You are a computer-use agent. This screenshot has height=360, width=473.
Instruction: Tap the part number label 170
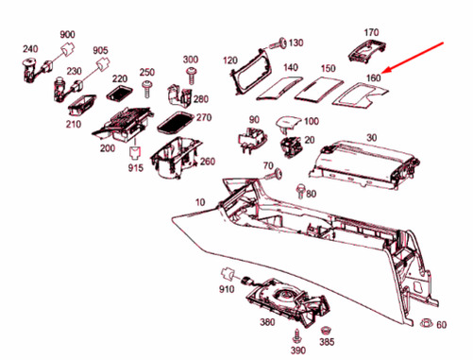[371, 32]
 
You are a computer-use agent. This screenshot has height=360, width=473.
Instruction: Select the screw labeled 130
[278, 43]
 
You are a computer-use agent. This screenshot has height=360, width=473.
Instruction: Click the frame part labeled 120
[251, 72]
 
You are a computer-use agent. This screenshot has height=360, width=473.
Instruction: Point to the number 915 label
[136, 168]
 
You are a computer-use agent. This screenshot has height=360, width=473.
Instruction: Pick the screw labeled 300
[192, 75]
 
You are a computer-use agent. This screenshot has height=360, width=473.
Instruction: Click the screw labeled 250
[146, 89]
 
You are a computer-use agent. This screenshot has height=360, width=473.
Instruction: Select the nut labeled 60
[427, 322]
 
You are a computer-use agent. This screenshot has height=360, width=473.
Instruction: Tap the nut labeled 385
[325, 331]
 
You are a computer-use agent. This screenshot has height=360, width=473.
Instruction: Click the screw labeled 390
[296, 336]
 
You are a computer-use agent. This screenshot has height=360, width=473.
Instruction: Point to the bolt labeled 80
[300, 192]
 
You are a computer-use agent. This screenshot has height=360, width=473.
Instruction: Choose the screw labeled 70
[273, 174]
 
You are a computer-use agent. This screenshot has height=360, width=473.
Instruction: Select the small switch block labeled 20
[291, 146]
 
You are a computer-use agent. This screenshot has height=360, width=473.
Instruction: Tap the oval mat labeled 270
[176, 122]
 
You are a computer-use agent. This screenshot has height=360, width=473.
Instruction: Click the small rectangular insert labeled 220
[119, 93]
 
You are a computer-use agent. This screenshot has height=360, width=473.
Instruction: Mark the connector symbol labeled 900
[68, 48]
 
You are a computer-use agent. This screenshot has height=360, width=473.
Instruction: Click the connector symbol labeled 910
[228, 274]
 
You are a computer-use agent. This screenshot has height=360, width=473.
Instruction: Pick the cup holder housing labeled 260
[176, 158]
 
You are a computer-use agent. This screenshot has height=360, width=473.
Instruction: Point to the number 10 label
[200, 202]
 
